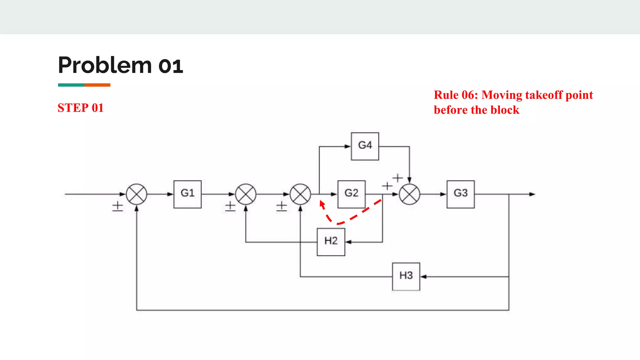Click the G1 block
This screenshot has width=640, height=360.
[187, 194]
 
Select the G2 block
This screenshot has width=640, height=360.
[351, 194]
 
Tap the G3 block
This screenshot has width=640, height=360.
[460, 194]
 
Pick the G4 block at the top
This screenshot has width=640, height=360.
[365, 146]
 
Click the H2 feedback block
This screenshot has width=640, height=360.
[331, 242]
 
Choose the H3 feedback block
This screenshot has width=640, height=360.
[406, 277]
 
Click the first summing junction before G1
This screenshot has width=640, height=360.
[137, 194]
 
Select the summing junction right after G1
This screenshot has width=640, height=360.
[246, 194]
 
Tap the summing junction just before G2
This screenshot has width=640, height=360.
[300, 194]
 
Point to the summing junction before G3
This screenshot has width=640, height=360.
[409, 194]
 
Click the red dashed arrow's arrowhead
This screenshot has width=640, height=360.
[322, 204]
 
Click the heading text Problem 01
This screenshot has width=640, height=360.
[120, 65]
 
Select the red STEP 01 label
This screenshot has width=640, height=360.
[80, 108]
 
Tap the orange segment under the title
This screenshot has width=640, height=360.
[97, 85]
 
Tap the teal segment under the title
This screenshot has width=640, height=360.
[71, 85]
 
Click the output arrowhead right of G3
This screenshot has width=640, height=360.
[532, 194]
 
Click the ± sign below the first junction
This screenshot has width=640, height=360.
[117, 206]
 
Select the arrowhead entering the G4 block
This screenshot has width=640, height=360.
[347, 146]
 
